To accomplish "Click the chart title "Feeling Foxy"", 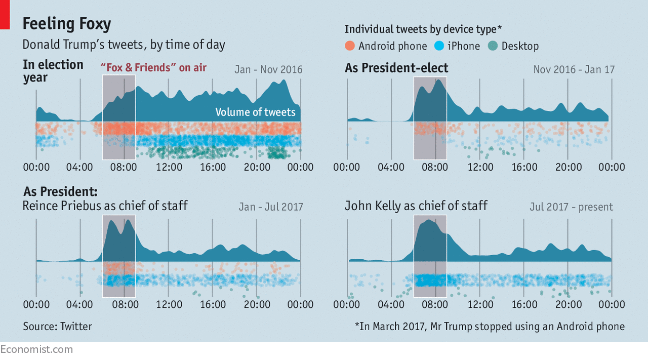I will [66, 24].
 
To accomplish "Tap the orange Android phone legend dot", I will [350, 46].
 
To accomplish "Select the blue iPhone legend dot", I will [439, 46].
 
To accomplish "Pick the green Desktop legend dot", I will [493, 46].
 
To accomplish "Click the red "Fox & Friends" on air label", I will [153, 67].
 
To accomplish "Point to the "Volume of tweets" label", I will [255, 112].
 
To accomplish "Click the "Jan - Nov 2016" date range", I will [268, 69].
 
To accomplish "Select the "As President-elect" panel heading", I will [396, 68].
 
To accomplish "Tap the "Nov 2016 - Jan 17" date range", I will [574, 69].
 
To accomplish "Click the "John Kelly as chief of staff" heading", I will [416, 206].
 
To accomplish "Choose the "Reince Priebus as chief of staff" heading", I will [105, 206].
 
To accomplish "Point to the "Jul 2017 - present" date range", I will [571, 207].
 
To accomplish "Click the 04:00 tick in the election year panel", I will [80, 167].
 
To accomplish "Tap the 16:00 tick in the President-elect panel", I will [524, 167].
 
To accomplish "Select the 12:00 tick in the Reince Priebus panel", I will [169, 304].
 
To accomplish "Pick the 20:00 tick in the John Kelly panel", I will [568, 304].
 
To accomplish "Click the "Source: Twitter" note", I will [57, 327].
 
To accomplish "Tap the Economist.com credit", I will [36, 349].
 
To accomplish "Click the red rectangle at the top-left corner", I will [5, 14].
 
